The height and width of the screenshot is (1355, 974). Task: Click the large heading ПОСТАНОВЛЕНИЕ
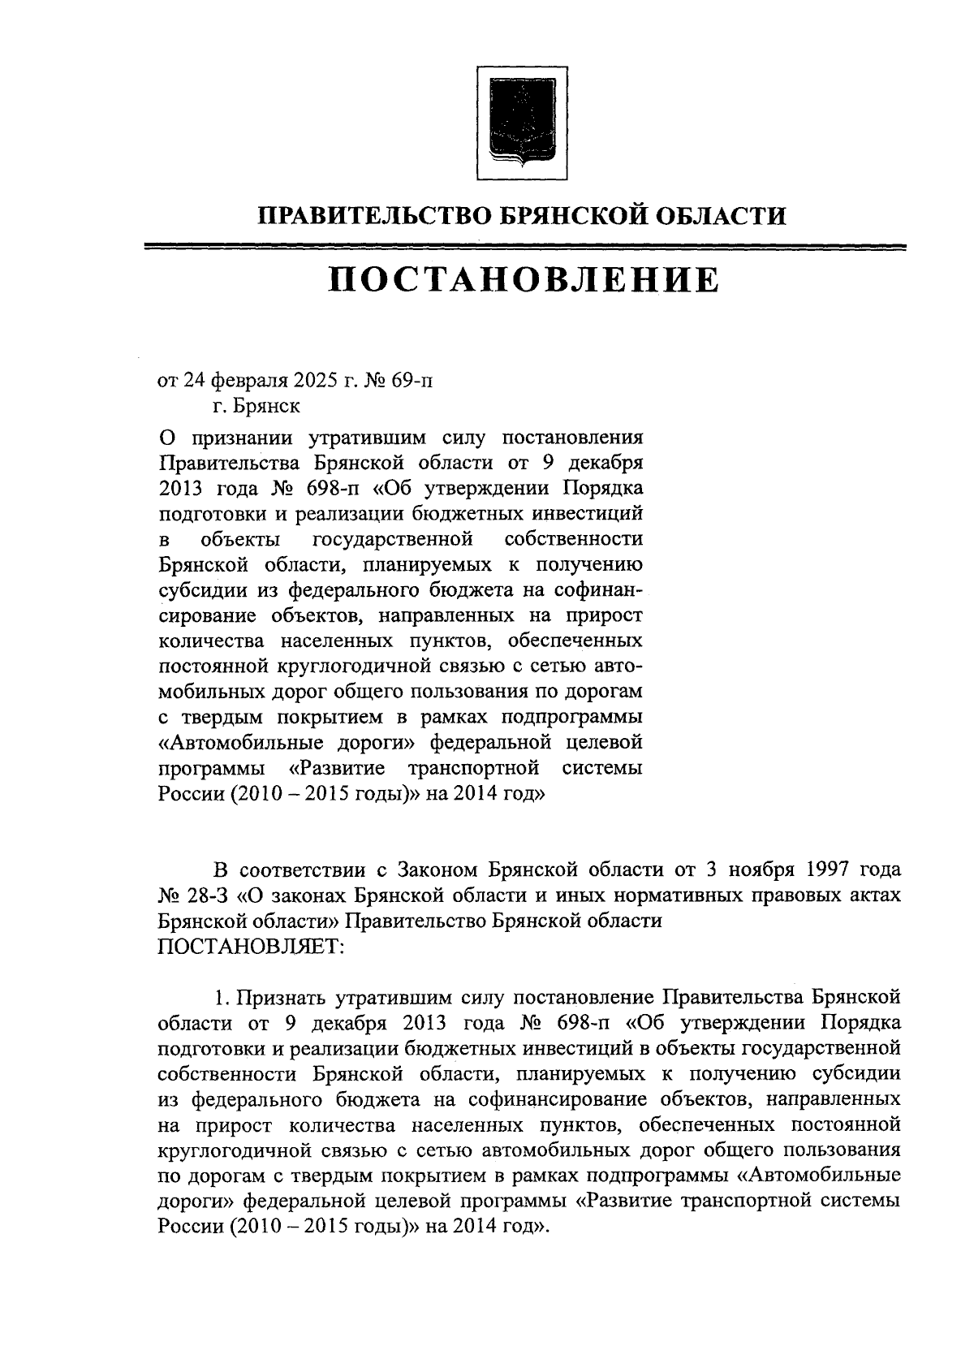523,280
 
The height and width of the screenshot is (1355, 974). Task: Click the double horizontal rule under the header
523,246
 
